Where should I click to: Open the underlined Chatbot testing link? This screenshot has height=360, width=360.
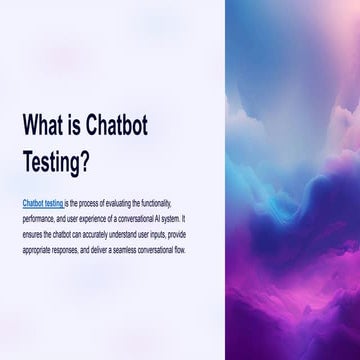click(x=43, y=202)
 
